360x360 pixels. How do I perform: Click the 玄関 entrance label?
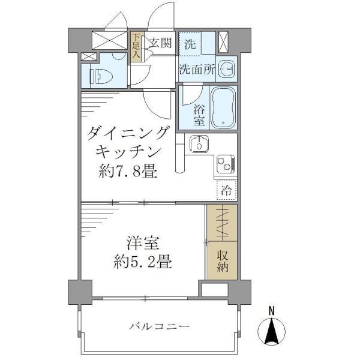(x=160, y=43)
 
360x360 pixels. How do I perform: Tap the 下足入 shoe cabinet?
(x=137, y=46)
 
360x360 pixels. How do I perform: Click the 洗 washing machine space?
(x=190, y=43)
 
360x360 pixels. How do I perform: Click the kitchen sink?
(x=197, y=144)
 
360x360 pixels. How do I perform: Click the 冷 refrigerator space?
(x=227, y=191)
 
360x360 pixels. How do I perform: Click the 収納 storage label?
(x=223, y=259)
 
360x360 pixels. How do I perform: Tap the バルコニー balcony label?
(x=159, y=326)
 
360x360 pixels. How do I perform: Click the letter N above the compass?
(x=272, y=311)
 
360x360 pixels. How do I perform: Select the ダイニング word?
(x=128, y=132)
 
